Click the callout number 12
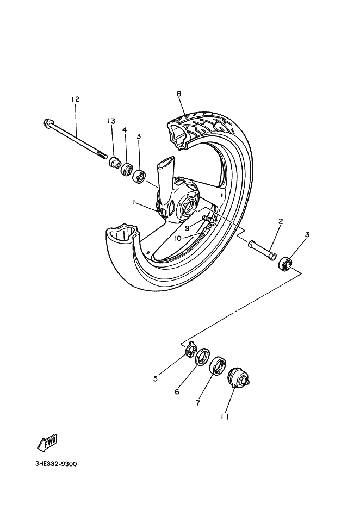click(75, 99)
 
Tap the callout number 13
click(111, 121)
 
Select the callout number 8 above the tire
click(178, 94)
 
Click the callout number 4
click(125, 130)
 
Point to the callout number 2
click(281, 221)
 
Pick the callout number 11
click(225, 417)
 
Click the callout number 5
click(156, 379)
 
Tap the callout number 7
click(198, 403)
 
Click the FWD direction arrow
click(47, 443)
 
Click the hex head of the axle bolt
click(46, 122)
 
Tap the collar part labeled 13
click(114, 162)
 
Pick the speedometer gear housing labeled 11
click(237, 377)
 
